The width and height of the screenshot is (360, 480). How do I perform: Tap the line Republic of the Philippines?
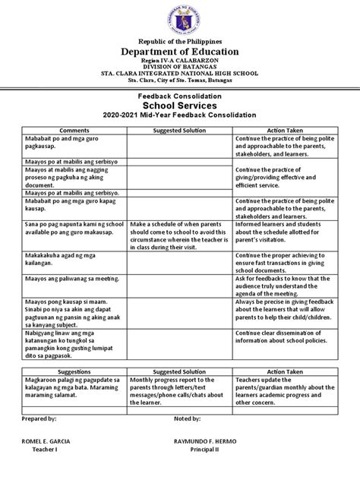pos(180,39)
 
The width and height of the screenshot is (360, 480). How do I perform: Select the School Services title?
pos(180,106)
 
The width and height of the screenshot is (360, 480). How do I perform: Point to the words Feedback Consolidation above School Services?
pos(180,96)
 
